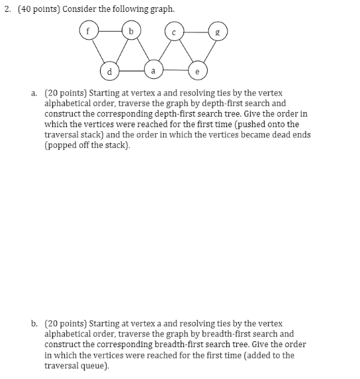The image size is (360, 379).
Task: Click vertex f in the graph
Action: (x=88, y=30)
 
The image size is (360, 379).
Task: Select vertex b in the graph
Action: (x=132, y=30)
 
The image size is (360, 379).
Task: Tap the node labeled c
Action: (x=174, y=31)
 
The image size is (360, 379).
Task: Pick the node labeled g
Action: (x=217, y=30)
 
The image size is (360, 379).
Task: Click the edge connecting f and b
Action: (x=110, y=30)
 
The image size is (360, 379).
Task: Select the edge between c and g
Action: (x=196, y=30)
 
